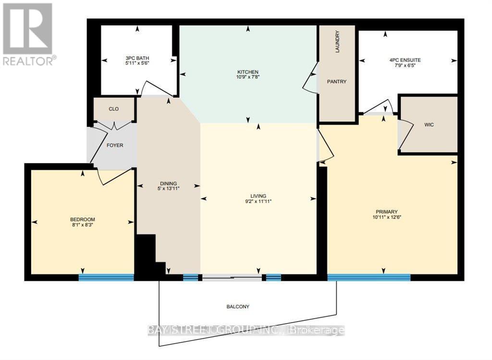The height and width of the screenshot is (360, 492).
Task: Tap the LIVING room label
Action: click(x=258, y=196)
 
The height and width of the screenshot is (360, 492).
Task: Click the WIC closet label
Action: click(x=429, y=125)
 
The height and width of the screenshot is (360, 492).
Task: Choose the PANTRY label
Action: click(x=337, y=82)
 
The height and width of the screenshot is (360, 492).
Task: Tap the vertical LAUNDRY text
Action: click(x=337, y=42)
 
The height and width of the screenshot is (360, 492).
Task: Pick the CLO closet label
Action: click(x=114, y=109)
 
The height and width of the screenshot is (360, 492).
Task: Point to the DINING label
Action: click(x=169, y=183)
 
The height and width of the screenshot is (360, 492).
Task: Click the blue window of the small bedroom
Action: click(x=106, y=277)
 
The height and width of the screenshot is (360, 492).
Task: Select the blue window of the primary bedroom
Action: click(x=369, y=277)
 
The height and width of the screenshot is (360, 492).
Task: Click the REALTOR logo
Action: click(x=28, y=34)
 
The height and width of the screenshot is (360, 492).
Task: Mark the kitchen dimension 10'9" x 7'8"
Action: click(x=248, y=76)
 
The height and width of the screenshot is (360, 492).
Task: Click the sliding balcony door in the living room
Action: click(x=232, y=277)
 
